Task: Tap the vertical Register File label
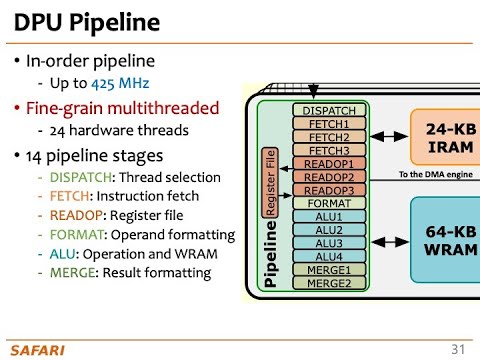pyautogui.click(x=269, y=182)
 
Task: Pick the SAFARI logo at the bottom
pyautogui.click(x=38, y=347)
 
